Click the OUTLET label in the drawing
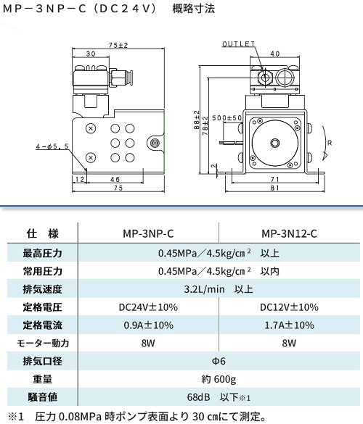pos(238,43)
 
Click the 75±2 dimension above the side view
pos(118,45)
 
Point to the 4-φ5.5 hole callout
pos(52,146)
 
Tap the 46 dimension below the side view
pos(115,179)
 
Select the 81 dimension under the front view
pos(274,188)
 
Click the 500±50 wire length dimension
pos(227,118)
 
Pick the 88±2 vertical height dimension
pos(197,120)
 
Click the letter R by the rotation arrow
pos(330,143)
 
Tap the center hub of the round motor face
pos(275,143)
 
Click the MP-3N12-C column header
pos(289,233)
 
